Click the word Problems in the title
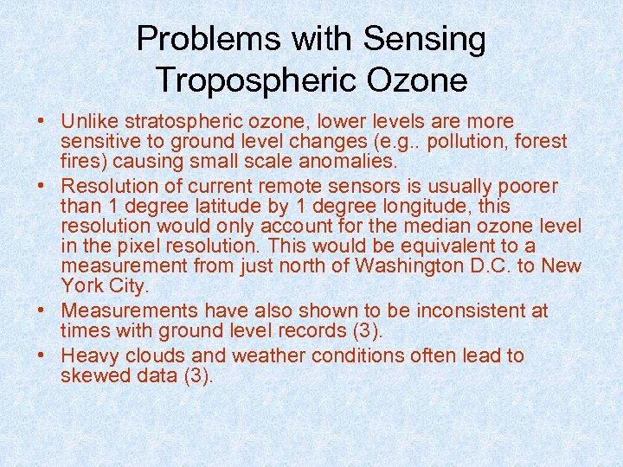coord(209,39)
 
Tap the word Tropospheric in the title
coord(250,80)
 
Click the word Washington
coord(416,265)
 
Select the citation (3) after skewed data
coord(196,375)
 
